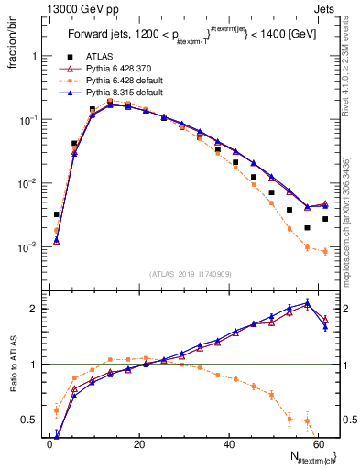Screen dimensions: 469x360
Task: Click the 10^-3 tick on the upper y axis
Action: pos(31,247)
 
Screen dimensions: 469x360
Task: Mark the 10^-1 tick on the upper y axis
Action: pos(31,120)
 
